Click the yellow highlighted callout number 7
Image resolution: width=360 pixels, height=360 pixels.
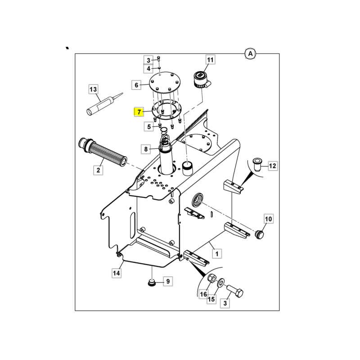click(139, 112)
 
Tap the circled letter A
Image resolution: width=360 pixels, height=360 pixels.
click(250, 54)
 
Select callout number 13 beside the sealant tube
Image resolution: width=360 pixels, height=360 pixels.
click(93, 89)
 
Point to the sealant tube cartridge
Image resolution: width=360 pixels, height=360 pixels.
click(105, 104)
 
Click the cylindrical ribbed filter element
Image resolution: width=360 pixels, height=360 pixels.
click(103, 152)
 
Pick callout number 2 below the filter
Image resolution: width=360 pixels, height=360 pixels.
click(98, 170)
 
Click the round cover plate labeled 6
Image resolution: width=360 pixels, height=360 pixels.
click(165, 81)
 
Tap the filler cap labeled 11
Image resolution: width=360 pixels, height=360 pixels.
click(202, 80)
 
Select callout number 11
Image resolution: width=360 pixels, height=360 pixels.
click(210, 60)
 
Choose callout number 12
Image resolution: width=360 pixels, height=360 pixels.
click(273, 166)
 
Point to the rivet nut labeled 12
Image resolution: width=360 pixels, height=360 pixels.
click(257, 164)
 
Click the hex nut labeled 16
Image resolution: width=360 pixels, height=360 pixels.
click(211, 279)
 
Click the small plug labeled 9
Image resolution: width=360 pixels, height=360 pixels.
click(152, 283)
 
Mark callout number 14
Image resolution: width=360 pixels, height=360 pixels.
click(117, 273)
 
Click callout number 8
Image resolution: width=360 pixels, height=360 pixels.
click(146, 149)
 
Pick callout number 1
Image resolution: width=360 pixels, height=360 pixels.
click(217, 254)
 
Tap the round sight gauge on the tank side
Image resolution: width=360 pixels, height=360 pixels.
click(198, 200)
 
